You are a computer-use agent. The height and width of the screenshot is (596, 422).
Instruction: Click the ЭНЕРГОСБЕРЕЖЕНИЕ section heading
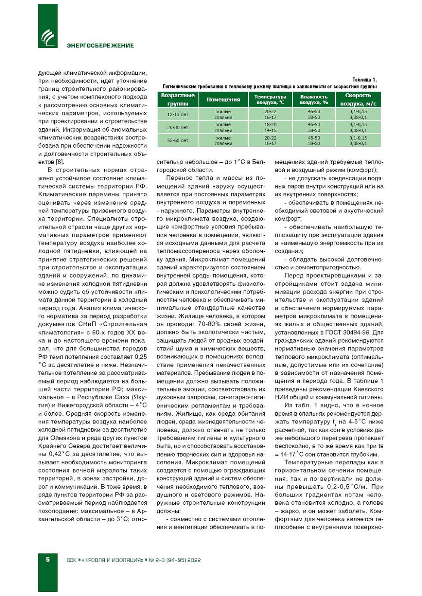pos(100,46)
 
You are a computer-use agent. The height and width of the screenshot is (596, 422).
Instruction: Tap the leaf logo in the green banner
pos(48,37)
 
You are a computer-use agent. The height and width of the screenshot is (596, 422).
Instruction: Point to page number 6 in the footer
pos(48,559)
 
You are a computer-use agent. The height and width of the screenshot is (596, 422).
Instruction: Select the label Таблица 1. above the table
pos(364,80)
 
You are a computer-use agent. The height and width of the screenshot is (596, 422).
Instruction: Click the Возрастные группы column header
pos(178,99)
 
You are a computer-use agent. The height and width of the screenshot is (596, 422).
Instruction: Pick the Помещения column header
pos(223,99)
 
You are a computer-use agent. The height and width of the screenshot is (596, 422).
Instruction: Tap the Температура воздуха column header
pos(270,99)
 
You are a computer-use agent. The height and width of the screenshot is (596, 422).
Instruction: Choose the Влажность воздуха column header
pos(314,99)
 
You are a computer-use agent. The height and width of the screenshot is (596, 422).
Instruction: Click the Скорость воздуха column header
pos(358,99)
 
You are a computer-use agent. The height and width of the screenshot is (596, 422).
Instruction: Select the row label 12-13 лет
pos(178,114)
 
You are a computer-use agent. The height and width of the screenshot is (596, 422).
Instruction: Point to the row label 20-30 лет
pos(178,127)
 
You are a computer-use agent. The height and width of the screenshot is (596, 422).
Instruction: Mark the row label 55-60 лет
pos(178,140)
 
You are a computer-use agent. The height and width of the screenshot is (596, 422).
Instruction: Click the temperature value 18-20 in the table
pos(270,125)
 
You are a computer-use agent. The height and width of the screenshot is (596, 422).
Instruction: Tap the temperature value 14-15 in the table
pos(270,130)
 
